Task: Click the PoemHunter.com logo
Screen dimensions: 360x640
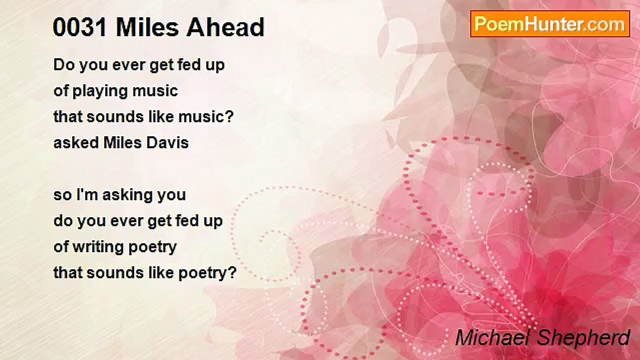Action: click(x=550, y=24)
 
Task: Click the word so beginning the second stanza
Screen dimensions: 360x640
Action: click(x=62, y=195)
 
